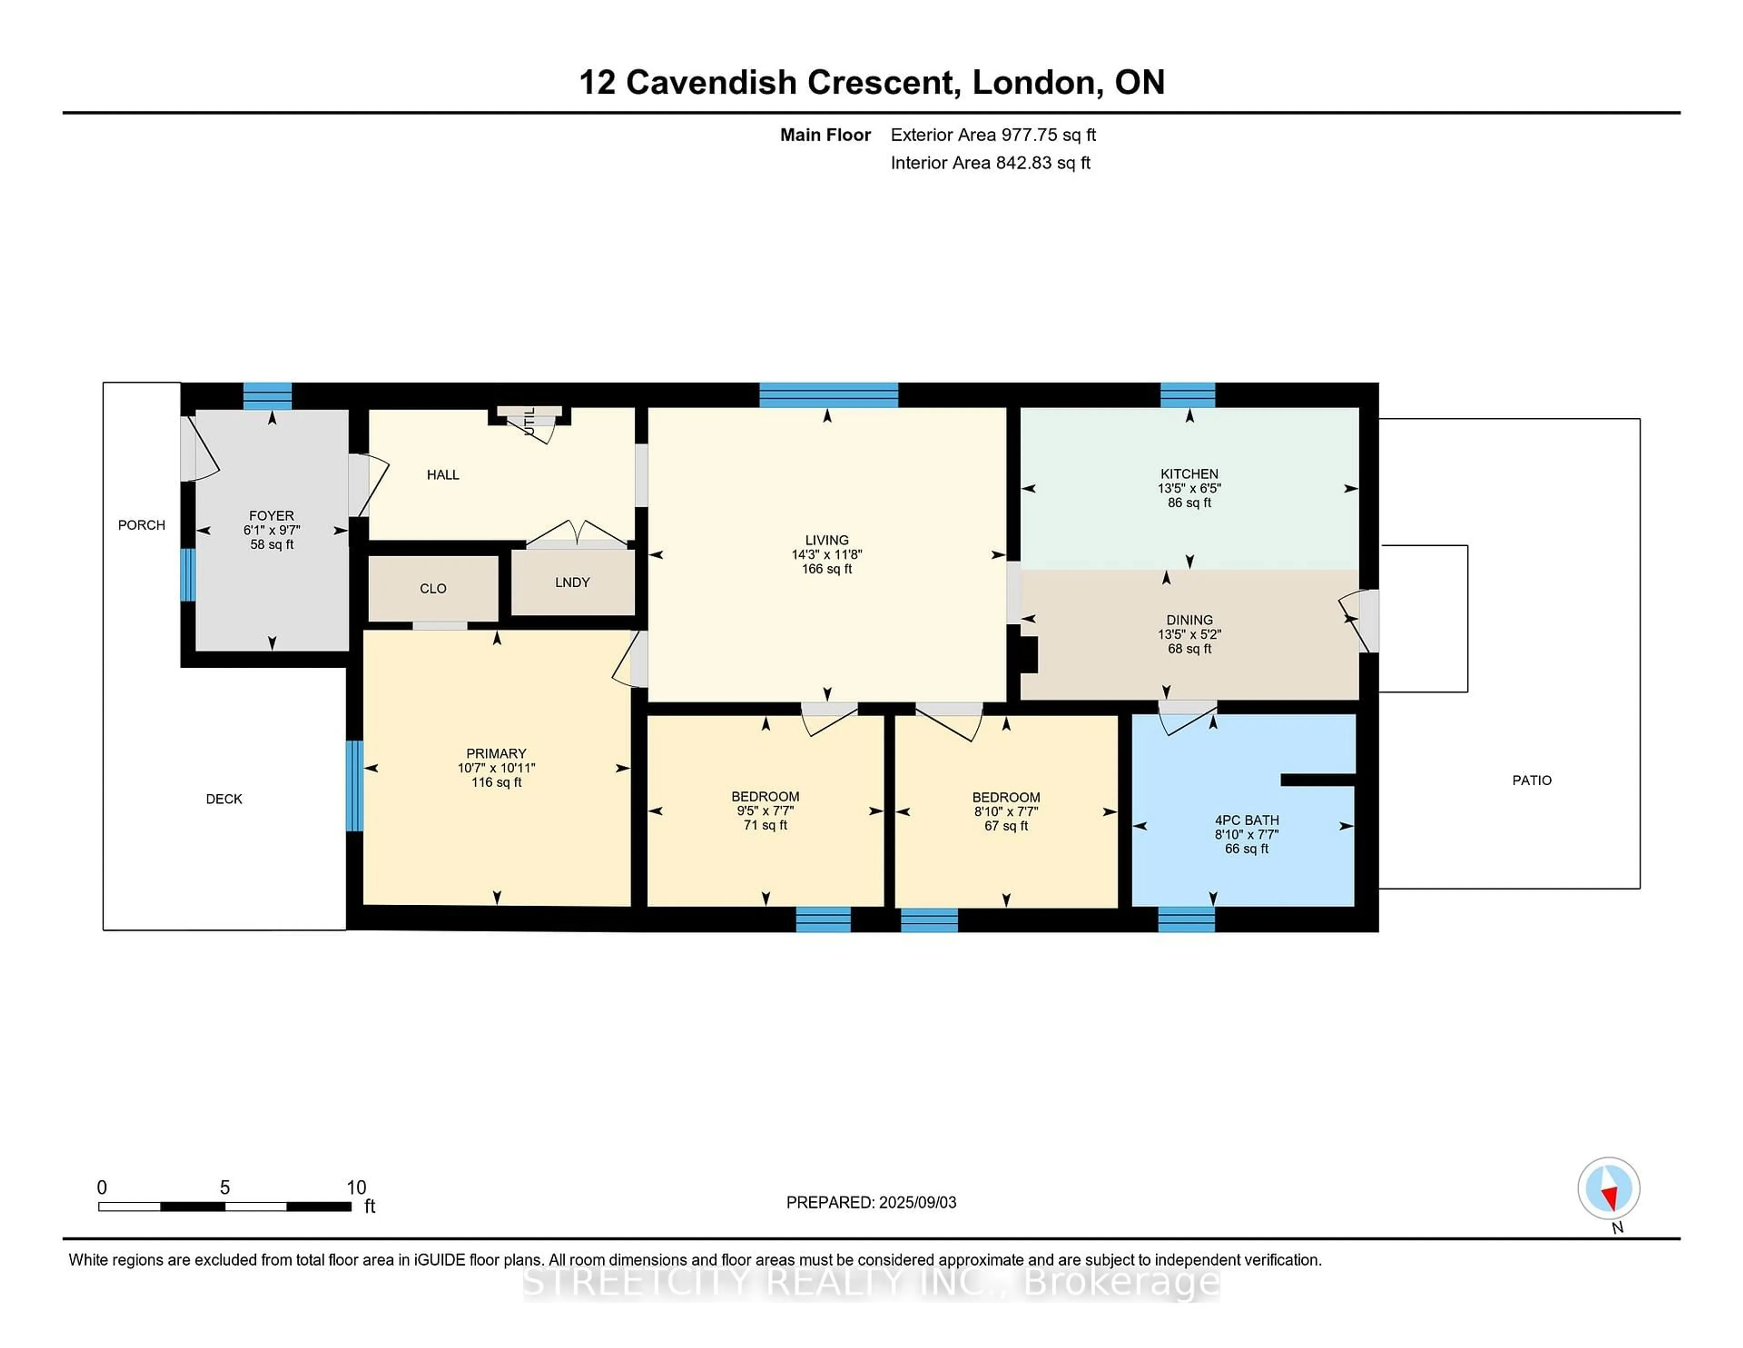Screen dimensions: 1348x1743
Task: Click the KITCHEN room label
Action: click(1189, 474)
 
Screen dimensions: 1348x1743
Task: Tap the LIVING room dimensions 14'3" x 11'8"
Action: click(827, 554)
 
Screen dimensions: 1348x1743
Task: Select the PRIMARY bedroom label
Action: click(497, 753)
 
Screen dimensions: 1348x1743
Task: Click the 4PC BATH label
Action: click(1246, 819)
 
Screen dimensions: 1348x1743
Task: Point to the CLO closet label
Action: click(433, 589)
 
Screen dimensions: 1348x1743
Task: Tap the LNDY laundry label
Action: click(572, 582)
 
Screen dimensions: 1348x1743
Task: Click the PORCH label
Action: click(141, 525)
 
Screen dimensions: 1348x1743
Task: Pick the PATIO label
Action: click(1531, 780)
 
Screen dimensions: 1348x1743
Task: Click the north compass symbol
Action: click(1608, 1188)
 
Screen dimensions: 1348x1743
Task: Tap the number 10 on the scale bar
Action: click(356, 1188)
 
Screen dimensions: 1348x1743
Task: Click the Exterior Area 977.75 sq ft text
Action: click(993, 135)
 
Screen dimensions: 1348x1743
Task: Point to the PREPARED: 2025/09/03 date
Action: click(871, 1202)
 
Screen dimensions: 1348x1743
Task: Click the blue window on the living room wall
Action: click(828, 395)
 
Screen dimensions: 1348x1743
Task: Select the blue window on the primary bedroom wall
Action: click(355, 786)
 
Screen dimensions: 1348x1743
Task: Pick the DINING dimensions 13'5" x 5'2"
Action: click(1189, 634)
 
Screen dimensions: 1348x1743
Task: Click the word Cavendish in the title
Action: click(711, 82)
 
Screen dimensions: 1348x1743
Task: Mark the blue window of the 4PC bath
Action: click(1186, 919)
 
